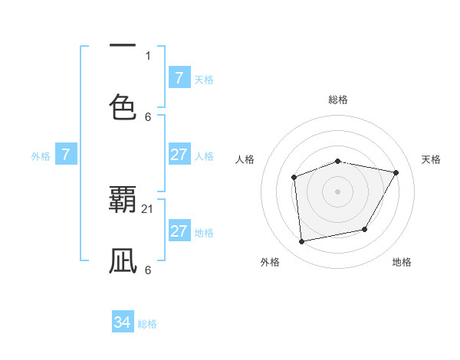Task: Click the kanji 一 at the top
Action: click(123, 46)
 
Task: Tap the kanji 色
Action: click(123, 106)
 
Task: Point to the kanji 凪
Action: click(123, 260)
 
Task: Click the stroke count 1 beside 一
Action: click(148, 55)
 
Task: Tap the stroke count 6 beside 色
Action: click(148, 116)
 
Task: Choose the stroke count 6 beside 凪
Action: click(148, 270)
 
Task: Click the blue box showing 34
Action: click(123, 323)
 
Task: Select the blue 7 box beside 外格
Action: click(66, 155)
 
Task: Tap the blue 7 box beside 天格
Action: click(179, 78)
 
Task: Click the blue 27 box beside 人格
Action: click(179, 155)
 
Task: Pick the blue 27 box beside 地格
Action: click(179, 231)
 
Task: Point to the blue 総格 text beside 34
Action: click(147, 324)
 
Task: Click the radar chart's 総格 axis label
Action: click(338, 100)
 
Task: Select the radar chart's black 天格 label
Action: click(431, 159)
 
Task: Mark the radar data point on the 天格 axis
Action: click(396, 172)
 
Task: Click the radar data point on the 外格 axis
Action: click(302, 241)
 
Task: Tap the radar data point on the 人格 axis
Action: click(294, 178)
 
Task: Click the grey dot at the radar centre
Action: click(338, 191)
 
